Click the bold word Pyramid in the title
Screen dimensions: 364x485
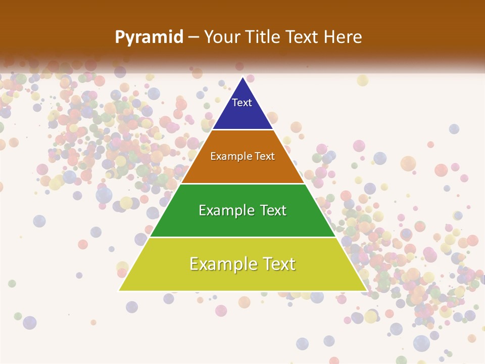(149, 37)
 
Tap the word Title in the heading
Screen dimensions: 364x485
(262, 37)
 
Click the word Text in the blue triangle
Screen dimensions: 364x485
(241, 103)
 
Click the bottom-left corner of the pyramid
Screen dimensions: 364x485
(119, 290)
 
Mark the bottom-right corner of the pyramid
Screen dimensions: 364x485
(366, 290)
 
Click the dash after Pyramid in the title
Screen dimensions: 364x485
(193, 37)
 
